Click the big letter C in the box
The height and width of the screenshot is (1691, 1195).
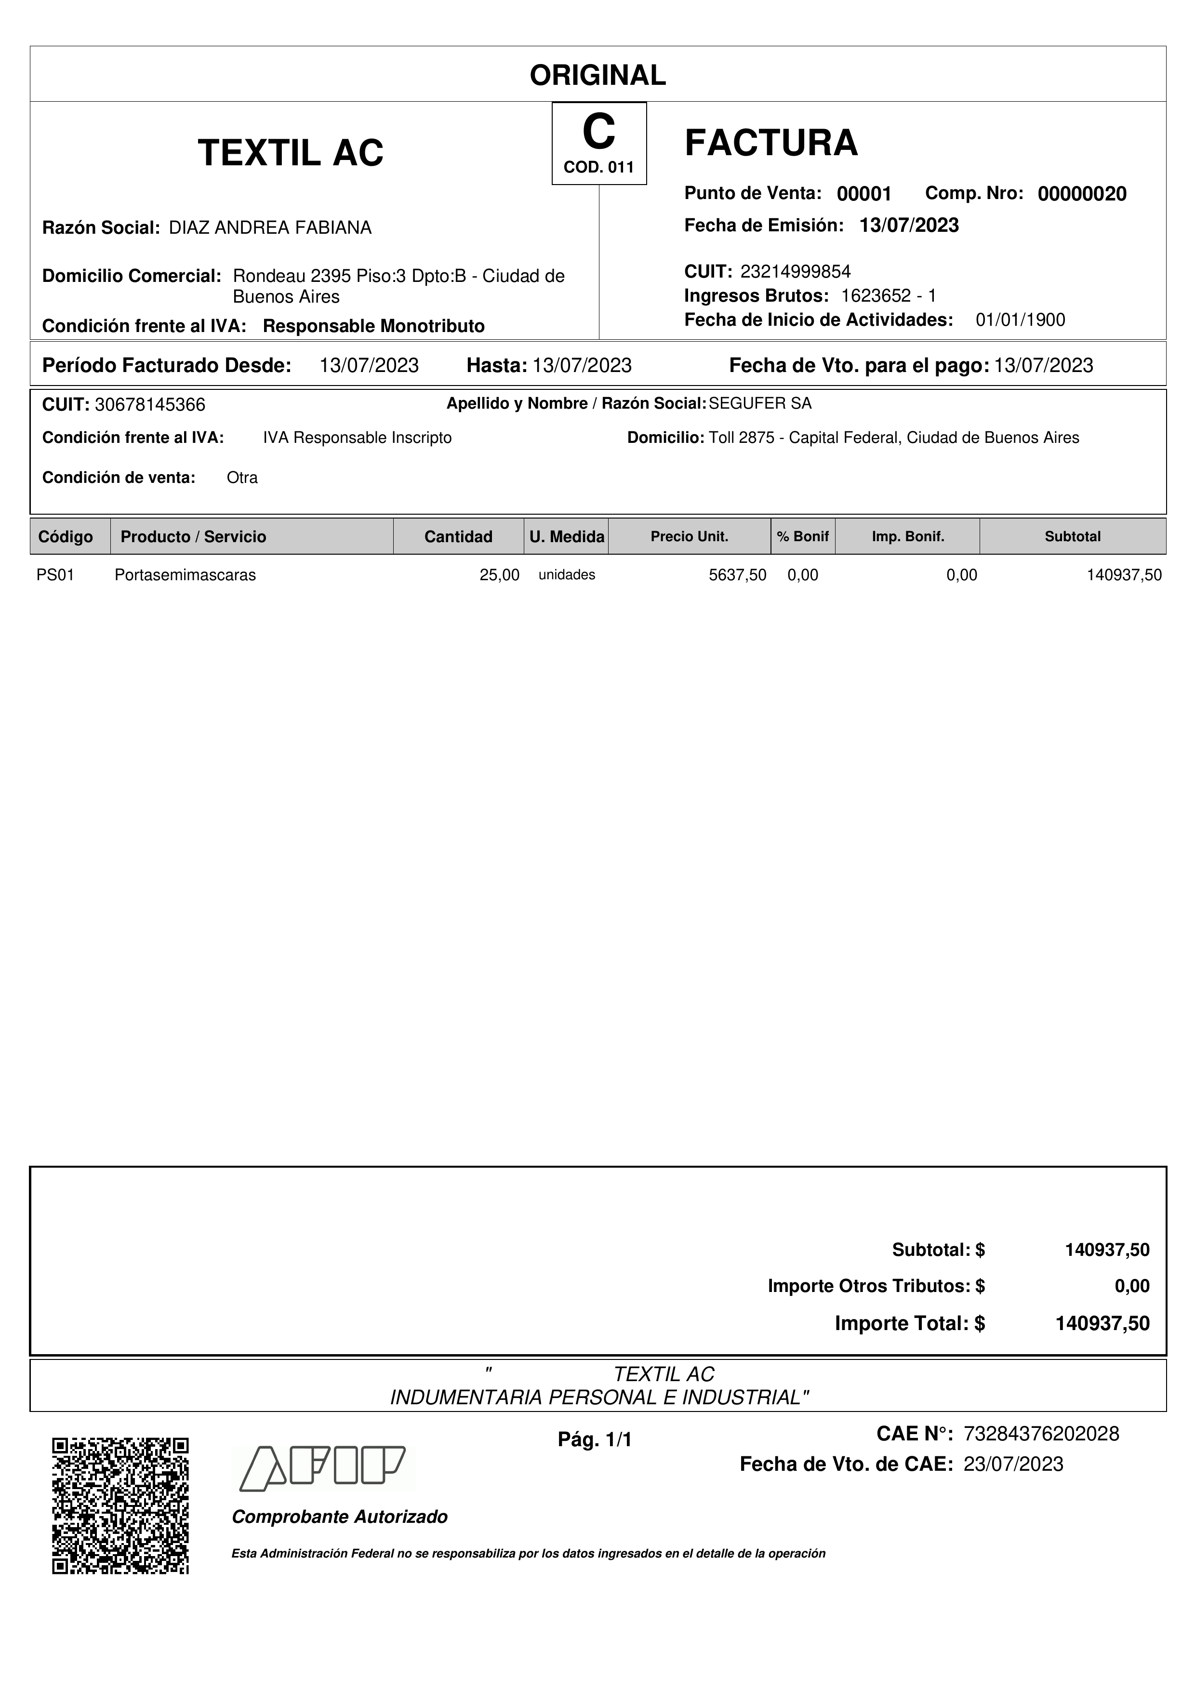pos(598,133)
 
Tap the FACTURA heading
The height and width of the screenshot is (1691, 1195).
pos(771,143)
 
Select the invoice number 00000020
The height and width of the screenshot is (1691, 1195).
pos(1082,194)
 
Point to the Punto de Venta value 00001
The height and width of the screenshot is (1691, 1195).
pos(863,194)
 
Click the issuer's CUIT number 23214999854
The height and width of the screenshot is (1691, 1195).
pos(795,272)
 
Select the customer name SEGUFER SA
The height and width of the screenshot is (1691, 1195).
pos(760,404)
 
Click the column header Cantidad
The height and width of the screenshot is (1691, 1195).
pos(458,537)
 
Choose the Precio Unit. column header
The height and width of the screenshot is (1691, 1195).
pos(689,537)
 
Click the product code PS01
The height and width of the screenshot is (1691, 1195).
pos(55,575)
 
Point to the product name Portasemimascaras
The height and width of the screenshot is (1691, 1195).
pos(185,575)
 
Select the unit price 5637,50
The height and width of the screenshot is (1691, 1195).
pos(737,575)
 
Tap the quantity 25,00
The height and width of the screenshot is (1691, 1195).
pos(499,575)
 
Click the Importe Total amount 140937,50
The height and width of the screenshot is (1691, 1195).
pos(1102,1323)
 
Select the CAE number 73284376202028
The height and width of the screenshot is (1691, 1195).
pos(1041,1434)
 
